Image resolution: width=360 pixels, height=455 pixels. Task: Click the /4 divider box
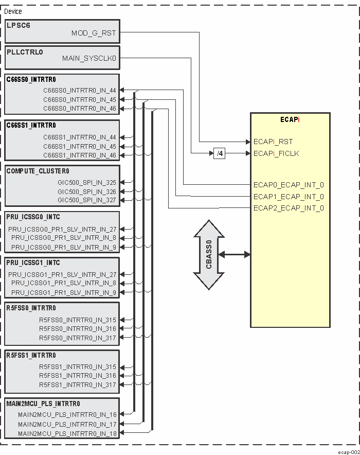(219, 153)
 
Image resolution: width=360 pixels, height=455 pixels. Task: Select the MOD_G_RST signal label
(94, 33)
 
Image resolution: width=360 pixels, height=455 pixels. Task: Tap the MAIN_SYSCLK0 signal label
(89, 58)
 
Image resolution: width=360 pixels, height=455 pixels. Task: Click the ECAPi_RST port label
(273, 142)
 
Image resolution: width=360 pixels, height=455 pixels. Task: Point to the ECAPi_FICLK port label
(276, 153)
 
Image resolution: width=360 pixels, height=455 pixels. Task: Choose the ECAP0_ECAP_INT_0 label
(289, 185)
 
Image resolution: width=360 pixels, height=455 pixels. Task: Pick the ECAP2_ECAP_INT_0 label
(289, 208)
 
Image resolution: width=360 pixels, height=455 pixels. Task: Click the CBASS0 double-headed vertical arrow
(209, 255)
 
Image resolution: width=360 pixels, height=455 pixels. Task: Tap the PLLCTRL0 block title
(25, 51)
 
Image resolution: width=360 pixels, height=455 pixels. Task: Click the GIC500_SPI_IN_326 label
(87, 191)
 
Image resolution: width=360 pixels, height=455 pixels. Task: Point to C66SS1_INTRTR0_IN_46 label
(80, 155)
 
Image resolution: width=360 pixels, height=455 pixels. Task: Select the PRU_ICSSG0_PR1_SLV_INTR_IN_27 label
(62, 229)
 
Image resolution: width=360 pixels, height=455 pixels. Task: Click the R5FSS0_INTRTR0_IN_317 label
(78, 338)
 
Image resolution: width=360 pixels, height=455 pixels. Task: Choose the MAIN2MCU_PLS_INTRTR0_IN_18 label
(67, 434)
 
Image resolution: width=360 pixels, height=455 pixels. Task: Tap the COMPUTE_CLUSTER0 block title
(38, 171)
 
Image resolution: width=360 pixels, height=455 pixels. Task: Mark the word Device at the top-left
(13, 11)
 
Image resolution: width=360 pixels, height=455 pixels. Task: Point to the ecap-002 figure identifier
(349, 451)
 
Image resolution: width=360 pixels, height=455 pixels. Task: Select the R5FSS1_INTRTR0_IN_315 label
(78, 367)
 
